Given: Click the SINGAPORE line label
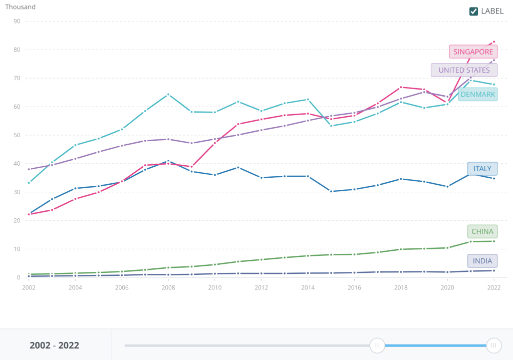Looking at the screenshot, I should coord(473,52).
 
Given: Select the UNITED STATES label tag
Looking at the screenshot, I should coord(464,70).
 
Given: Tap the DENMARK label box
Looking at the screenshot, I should coord(478,94).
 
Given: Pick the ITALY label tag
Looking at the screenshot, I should coord(482,169).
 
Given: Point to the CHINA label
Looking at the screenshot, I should coord(482,231).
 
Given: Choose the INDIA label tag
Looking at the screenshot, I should coord(482,261).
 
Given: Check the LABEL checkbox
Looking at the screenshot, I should coord(473,12).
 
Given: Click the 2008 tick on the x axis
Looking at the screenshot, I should coord(168,287).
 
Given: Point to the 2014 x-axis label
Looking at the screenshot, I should coord(308,287).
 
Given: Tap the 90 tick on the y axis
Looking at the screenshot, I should coord(17,21).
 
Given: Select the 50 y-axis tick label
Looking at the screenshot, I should coord(17,135).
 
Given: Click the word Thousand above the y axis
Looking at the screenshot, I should coord(21,7).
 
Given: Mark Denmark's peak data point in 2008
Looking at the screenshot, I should coord(168,94).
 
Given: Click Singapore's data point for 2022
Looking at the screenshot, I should coord(494,42).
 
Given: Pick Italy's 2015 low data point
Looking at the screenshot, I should coord(331,191).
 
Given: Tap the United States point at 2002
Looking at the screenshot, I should coord(29,169).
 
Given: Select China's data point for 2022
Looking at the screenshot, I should coord(494,241).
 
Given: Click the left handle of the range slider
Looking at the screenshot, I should coord(377,345).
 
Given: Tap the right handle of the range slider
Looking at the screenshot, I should coord(494,345).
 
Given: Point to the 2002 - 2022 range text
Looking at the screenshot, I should coord(54,345).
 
